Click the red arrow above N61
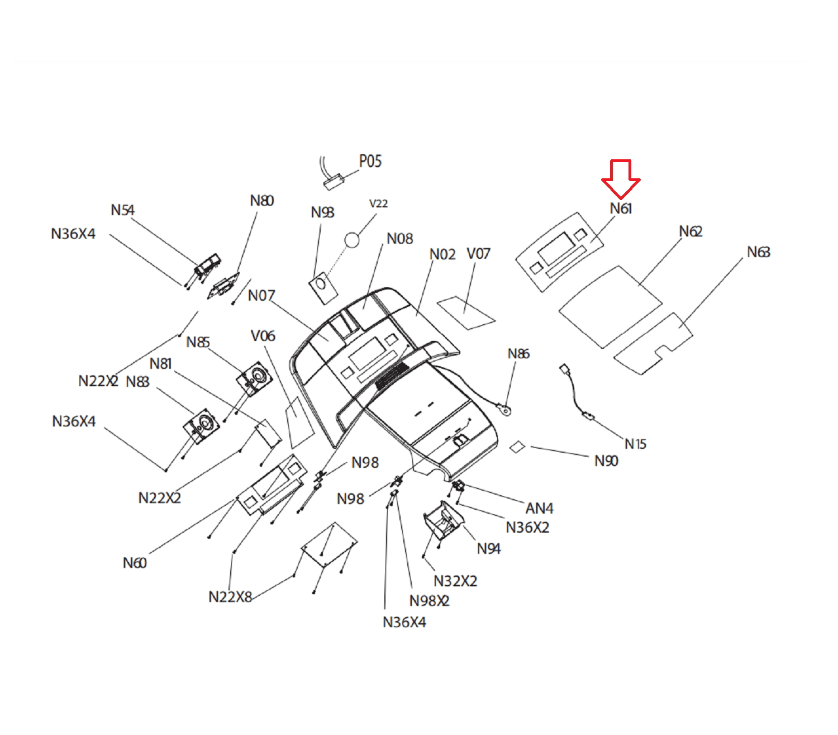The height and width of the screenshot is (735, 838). (x=621, y=177)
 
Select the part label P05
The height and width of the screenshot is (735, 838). (x=370, y=162)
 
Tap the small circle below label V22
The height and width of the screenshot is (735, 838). (x=352, y=240)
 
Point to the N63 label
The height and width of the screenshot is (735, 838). (x=758, y=253)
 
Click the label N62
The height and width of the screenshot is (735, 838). (x=691, y=231)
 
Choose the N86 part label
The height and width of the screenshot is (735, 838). (x=518, y=354)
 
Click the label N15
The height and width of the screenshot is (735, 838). (x=635, y=444)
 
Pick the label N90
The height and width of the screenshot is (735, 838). (x=606, y=461)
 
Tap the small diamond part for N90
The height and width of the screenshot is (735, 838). (x=517, y=447)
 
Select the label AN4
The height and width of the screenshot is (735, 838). (x=539, y=508)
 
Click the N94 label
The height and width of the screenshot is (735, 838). (x=489, y=549)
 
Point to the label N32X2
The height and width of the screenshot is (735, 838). (x=455, y=581)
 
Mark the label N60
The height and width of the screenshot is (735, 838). (x=135, y=563)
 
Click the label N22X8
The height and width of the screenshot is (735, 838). (x=230, y=597)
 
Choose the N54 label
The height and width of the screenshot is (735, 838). (x=122, y=210)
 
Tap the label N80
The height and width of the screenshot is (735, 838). (x=261, y=201)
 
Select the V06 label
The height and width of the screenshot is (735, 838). (x=263, y=336)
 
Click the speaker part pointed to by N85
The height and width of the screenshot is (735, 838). (x=255, y=378)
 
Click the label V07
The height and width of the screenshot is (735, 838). (x=478, y=254)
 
